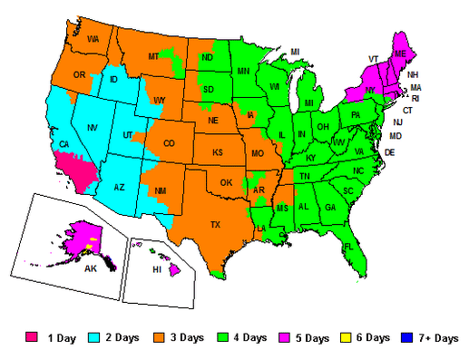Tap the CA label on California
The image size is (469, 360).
coord(64,144)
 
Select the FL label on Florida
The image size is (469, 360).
coord(347,247)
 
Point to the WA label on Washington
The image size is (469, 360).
coord(93,40)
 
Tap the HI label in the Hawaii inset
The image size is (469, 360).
coord(157,270)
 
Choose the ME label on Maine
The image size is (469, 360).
coord(400,54)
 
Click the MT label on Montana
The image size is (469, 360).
coord(153,57)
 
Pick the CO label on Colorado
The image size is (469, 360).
coord(169,143)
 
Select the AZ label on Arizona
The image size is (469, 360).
coord(118,187)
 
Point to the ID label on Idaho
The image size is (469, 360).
coord(114,80)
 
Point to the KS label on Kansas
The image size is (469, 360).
coord(218,153)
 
